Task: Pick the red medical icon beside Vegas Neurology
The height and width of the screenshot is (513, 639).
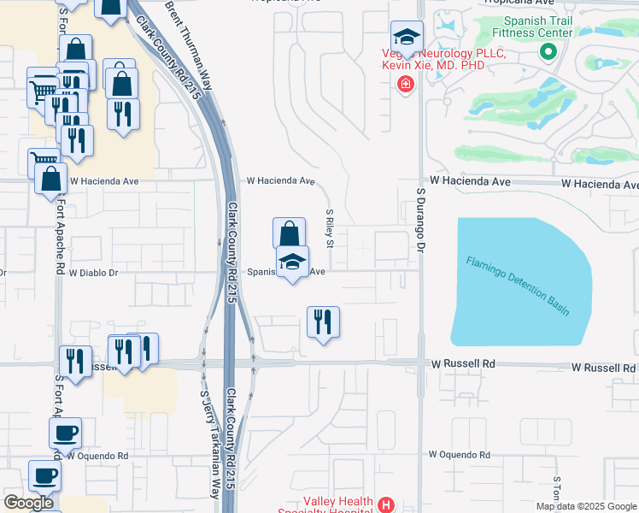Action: click(x=404, y=84)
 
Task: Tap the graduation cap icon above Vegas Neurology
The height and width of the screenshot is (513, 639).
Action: click(x=407, y=37)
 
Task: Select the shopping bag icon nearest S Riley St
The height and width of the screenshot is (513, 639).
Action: click(x=289, y=233)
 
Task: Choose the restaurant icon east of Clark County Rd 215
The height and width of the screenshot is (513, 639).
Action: click(x=323, y=322)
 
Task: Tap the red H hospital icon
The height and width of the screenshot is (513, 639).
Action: click(x=386, y=504)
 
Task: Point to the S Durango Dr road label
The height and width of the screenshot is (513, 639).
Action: click(x=421, y=220)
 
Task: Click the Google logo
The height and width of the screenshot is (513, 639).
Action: click(x=29, y=503)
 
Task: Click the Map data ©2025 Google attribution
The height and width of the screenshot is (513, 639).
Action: click(x=586, y=506)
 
